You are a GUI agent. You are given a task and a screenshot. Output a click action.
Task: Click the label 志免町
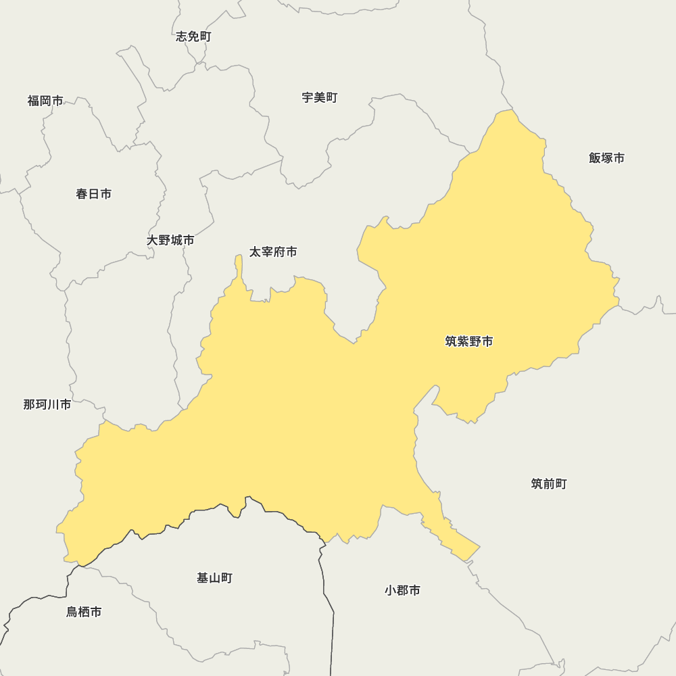(x=193, y=37)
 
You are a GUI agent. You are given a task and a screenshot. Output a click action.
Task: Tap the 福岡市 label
(x=45, y=101)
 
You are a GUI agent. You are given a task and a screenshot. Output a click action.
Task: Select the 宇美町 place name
(x=319, y=97)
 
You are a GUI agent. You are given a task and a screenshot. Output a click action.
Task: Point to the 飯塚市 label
(x=606, y=158)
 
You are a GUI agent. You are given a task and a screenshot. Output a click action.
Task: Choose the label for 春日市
(x=93, y=194)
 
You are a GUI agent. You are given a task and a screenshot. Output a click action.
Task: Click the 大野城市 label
(x=170, y=240)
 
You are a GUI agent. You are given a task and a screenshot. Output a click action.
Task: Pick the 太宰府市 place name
(x=273, y=252)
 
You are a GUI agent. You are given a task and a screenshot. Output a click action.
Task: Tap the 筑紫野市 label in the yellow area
(x=468, y=341)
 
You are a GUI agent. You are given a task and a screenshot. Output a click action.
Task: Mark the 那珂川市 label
(x=47, y=404)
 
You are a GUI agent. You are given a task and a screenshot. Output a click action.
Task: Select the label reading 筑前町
(x=548, y=484)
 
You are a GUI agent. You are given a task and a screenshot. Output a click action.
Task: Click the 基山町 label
(x=214, y=578)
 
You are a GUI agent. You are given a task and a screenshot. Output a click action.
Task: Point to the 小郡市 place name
(x=402, y=590)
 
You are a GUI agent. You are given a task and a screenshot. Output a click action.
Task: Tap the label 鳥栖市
(x=84, y=612)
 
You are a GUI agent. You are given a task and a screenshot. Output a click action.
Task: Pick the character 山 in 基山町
(x=214, y=578)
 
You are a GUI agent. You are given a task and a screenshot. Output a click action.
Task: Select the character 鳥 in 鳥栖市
(x=72, y=612)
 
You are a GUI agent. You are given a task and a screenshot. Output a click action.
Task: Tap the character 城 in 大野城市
(x=176, y=240)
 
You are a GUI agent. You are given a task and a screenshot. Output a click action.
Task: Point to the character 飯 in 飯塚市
(x=595, y=158)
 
